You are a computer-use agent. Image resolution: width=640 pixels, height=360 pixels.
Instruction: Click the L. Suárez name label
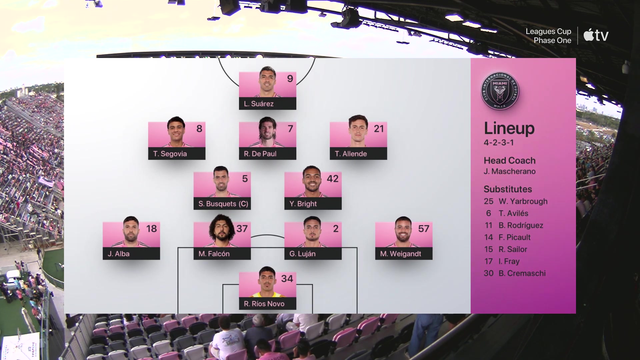(x=259, y=104)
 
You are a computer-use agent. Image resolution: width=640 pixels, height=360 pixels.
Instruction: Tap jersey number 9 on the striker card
(x=290, y=79)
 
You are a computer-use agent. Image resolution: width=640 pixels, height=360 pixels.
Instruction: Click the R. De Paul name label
(x=260, y=154)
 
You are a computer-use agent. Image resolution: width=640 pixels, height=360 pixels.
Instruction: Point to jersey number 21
(x=379, y=129)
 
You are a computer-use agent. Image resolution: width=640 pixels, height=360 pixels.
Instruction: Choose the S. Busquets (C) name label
(x=223, y=204)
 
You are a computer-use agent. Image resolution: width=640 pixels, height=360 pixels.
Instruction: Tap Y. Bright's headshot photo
(x=312, y=181)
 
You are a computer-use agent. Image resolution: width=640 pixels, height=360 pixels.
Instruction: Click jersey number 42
(x=333, y=179)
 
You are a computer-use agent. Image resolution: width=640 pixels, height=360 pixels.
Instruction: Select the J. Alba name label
(x=118, y=254)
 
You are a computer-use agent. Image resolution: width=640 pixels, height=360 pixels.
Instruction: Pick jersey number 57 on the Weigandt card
(x=424, y=229)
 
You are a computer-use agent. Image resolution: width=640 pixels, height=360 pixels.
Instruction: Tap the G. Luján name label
(x=302, y=254)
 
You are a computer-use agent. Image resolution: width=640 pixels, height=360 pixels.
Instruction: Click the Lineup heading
(x=509, y=128)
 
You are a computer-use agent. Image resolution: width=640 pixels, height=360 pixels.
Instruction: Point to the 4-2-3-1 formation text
(x=499, y=142)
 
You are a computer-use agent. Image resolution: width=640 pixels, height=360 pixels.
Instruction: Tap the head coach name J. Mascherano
(x=510, y=171)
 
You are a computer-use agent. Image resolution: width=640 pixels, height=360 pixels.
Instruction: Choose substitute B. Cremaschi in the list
(x=522, y=273)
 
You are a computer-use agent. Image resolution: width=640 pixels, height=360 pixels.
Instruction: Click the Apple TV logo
(x=596, y=35)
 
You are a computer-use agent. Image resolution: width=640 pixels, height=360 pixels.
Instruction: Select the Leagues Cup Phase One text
(x=548, y=36)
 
